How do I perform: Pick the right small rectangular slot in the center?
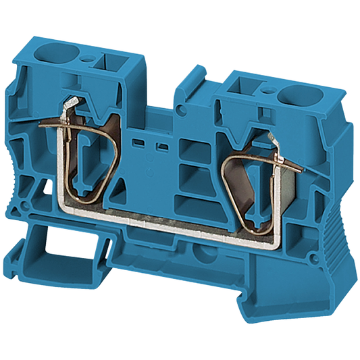(161, 147)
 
